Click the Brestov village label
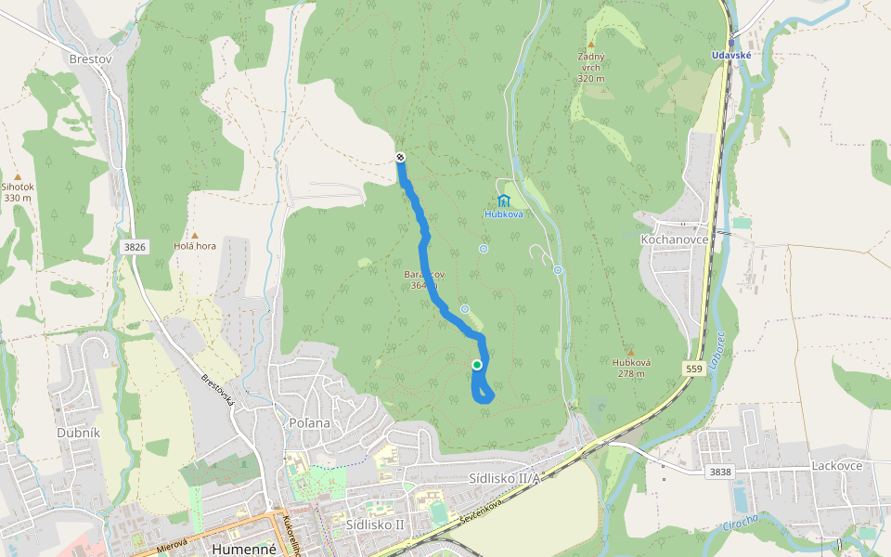tap(90, 58)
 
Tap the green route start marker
tap(477, 365)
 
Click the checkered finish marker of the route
tap(400, 157)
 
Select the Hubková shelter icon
tap(503, 201)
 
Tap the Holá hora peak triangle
tap(195, 236)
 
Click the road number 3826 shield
tap(135, 246)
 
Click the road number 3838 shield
tap(719, 472)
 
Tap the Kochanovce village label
tap(675, 239)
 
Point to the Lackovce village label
tap(836, 465)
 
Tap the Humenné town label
tap(244, 549)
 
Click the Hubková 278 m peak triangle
tap(630, 352)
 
